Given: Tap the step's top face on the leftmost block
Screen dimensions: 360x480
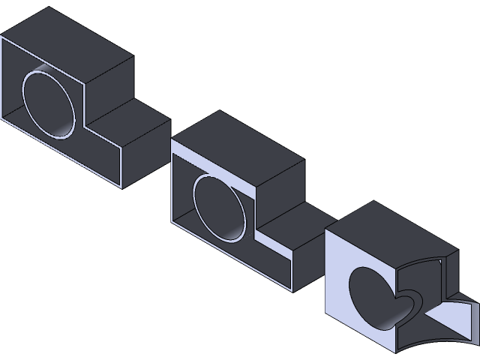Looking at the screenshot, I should (x=131, y=117).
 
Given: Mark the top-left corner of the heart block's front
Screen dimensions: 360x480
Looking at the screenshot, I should (x=326, y=231).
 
